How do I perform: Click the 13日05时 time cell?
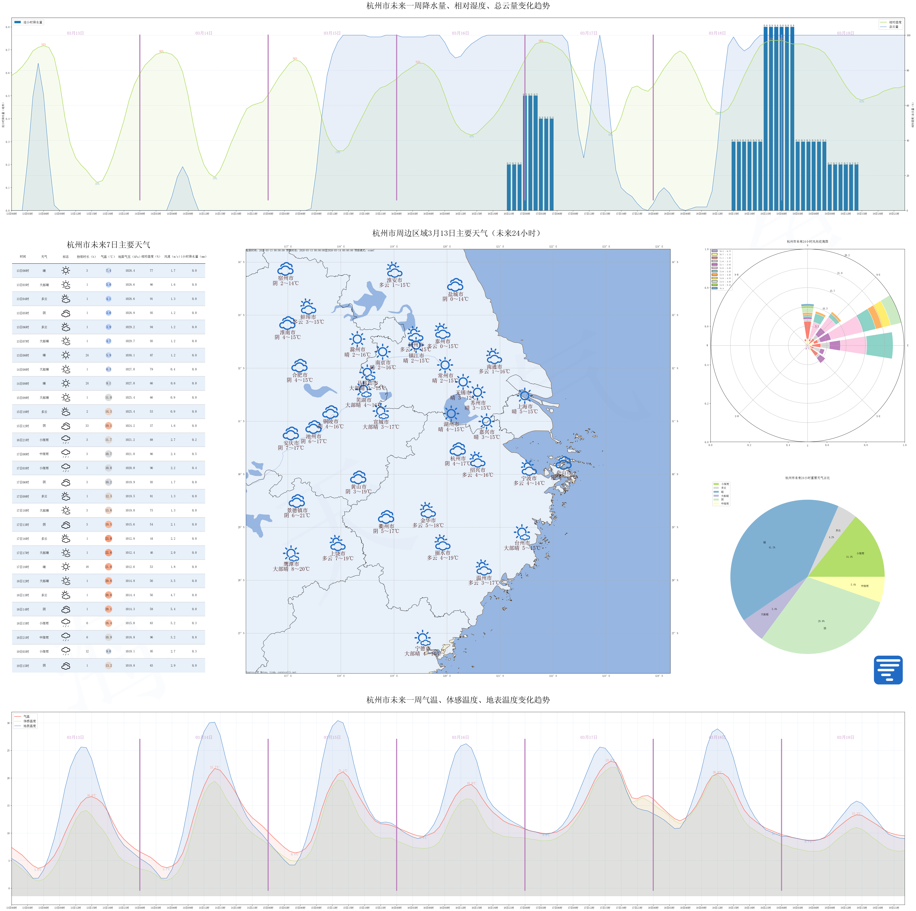coord(23,313)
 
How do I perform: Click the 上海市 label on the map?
coord(525,406)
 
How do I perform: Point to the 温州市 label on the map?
coord(484,578)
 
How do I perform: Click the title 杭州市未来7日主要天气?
coord(109,245)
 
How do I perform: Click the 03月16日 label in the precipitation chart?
coord(460,33)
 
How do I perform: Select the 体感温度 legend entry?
coord(29,721)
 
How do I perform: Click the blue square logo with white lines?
coord(888,670)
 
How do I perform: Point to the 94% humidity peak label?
coord(44,45)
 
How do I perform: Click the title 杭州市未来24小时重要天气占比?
coord(807,478)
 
